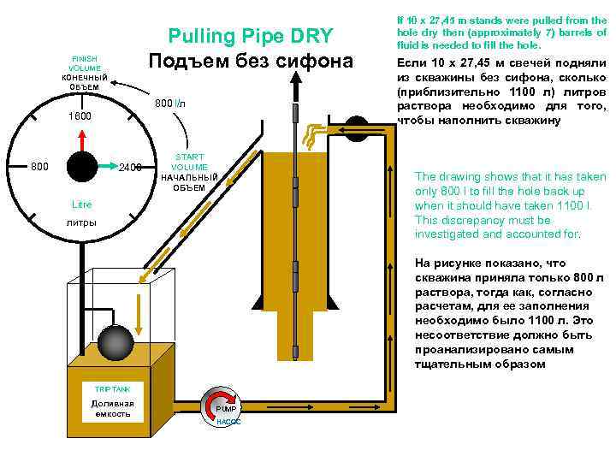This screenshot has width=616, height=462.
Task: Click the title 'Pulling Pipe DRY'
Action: [250, 36]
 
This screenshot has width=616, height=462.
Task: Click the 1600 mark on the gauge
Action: [80, 115]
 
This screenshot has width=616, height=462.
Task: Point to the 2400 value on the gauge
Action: [130, 167]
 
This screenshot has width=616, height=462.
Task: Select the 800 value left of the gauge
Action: [40, 166]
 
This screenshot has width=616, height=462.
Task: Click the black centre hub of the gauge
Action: [83, 167]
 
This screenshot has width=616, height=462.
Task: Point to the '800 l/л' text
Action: [169, 104]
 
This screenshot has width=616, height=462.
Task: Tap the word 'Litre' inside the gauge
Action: [81, 205]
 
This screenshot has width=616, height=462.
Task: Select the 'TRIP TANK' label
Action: [112, 389]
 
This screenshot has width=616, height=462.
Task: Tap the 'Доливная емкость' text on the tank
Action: [112, 408]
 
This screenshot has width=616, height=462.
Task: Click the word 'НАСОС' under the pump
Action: [228, 422]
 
